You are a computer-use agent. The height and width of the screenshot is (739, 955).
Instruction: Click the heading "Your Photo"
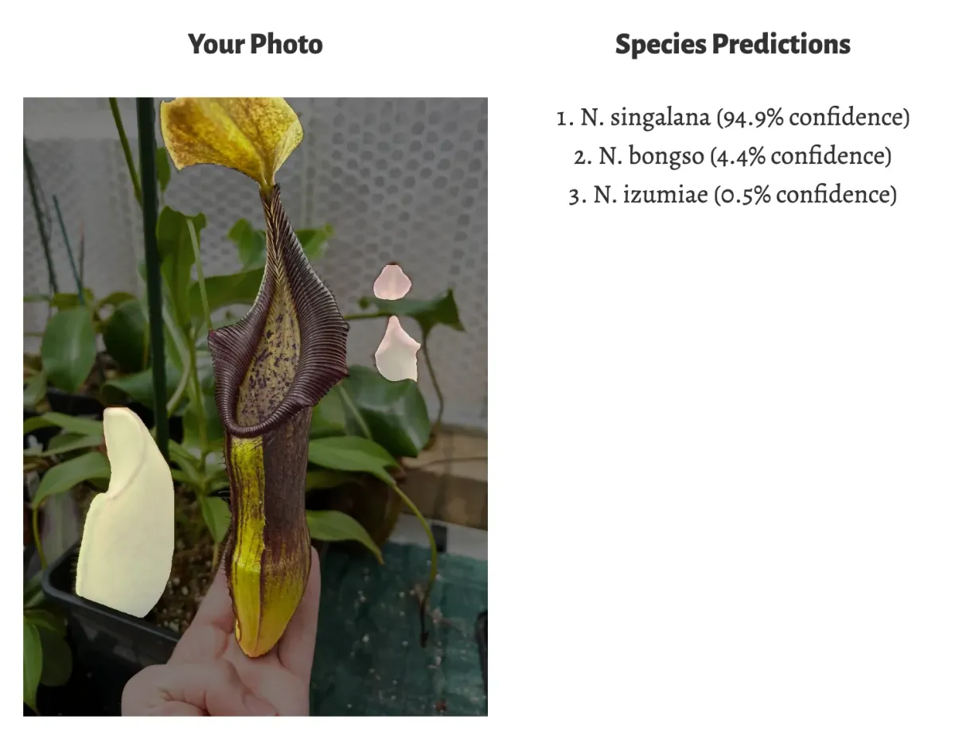pyautogui.click(x=255, y=45)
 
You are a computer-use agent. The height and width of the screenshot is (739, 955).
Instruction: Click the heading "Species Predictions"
pyautogui.click(x=732, y=45)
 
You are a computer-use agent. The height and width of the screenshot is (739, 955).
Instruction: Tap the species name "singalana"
pyautogui.click(x=660, y=118)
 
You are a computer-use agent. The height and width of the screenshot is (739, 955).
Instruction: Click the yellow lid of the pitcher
pyautogui.click(x=231, y=135)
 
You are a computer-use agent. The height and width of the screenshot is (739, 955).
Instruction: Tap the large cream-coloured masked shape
pyautogui.click(x=127, y=517)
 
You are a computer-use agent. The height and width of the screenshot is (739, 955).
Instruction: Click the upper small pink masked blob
pyautogui.click(x=392, y=282)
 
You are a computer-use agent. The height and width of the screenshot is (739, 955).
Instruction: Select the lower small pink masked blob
pyautogui.click(x=397, y=350)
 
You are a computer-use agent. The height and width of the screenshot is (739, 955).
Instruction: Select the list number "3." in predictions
pyautogui.click(x=577, y=194)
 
